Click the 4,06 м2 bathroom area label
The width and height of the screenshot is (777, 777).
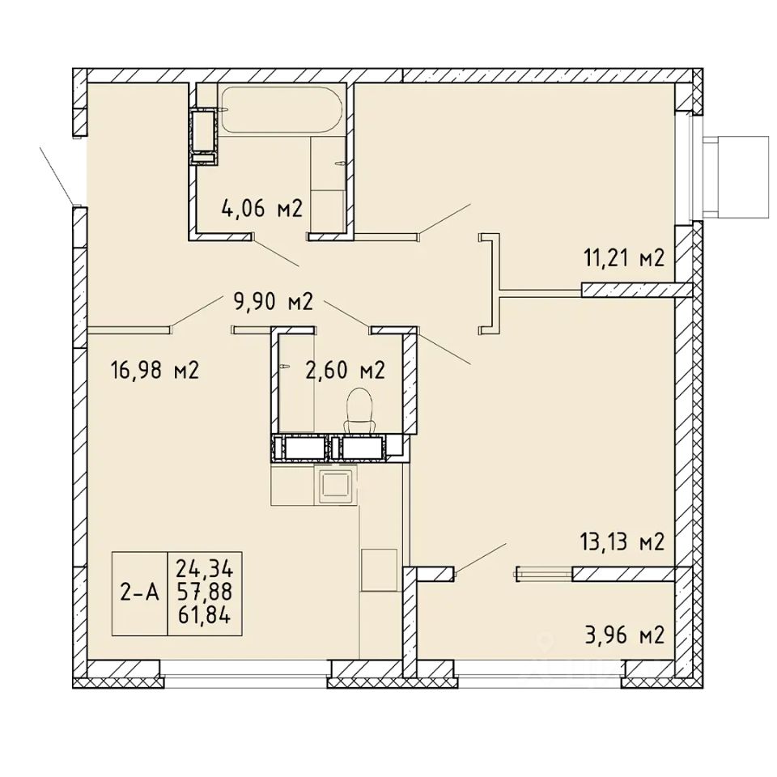pos(262,210)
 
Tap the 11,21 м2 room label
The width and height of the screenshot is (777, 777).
pos(624,258)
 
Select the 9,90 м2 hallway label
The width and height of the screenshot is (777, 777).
pos(273,302)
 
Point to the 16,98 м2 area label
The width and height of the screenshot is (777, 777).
pos(154,370)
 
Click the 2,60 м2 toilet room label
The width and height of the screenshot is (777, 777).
pos(346,370)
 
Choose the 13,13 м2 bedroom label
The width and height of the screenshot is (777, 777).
pos(622,542)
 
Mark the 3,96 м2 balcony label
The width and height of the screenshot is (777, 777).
pos(625,635)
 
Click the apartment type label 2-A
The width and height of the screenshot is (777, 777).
pos(140,592)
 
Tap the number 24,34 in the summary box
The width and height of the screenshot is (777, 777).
pos(205,568)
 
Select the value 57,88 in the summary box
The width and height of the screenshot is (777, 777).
pos(205,592)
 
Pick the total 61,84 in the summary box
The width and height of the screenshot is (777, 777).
pos(205,616)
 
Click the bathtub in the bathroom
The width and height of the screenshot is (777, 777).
pos(282,110)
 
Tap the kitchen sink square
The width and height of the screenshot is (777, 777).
pos(337,485)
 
